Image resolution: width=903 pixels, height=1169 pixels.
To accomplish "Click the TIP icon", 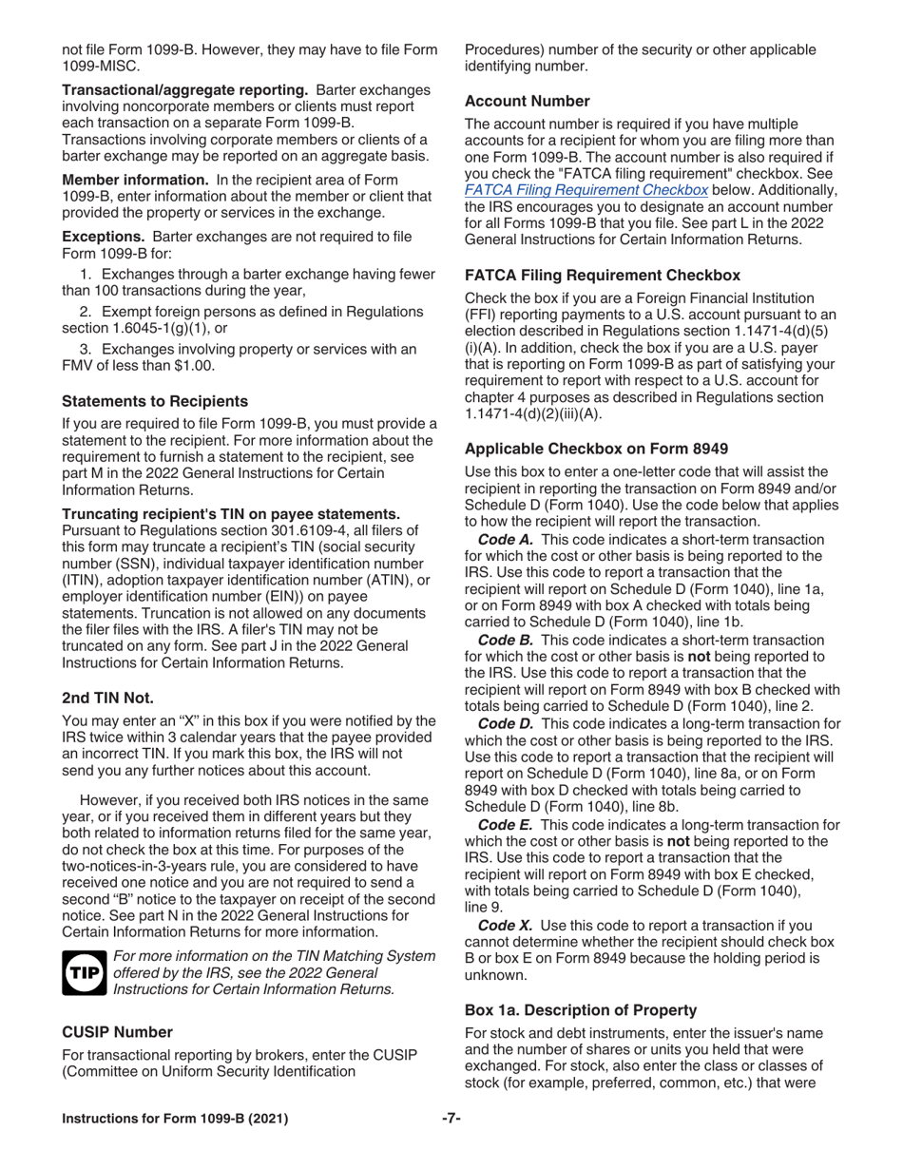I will coord(83,974).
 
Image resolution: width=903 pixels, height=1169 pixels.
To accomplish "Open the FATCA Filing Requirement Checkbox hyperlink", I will coord(586,189).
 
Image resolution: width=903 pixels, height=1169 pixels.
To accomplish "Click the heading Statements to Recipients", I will coord(155,401).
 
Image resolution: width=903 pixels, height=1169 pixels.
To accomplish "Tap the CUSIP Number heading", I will coord(117,1032).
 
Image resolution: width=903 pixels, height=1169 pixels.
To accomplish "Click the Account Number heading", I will coord(527,101).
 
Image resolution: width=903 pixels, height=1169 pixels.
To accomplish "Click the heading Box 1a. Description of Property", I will coord(581,1010).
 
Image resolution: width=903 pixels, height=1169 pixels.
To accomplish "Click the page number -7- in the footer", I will coord(451,1119).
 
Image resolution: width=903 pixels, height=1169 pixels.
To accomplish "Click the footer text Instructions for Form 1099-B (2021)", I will coord(175,1119).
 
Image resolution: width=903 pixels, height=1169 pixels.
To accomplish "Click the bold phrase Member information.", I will coord(135,180).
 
